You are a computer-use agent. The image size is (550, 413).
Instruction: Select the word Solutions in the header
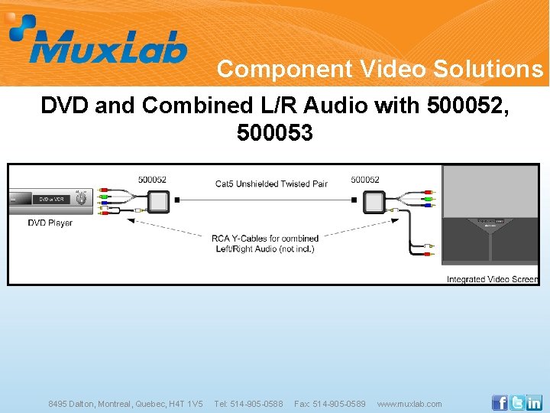pyautogui.click(x=488, y=70)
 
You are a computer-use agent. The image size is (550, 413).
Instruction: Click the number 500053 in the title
pyautogui.click(x=275, y=133)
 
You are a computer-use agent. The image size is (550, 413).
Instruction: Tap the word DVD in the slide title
pyautogui.click(x=64, y=106)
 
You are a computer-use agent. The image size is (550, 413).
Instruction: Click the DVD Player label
pyautogui.click(x=50, y=223)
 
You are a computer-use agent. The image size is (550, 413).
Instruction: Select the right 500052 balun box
pyautogui.click(x=374, y=202)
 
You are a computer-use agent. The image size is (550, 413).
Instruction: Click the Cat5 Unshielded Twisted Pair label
pyautogui.click(x=271, y=184)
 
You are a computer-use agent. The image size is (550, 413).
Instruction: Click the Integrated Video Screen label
pyautogui.click(x=492, y=279)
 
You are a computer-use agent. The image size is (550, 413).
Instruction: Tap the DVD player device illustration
pyautogui.click(x=50, y=200)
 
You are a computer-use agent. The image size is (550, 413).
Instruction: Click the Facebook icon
pyautogui.click(x=500, y=402)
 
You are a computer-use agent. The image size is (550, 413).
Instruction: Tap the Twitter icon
pyautogui.click(x=517, y=402)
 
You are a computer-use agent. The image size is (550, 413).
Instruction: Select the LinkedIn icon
pyautogui.click(x=534, y=402)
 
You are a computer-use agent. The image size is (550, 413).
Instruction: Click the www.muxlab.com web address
pyautogui.click(x=409, y=404)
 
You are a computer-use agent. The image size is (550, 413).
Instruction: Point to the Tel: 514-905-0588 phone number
pyautogui.click(x=248, y=404)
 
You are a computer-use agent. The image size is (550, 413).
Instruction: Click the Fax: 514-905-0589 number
pyautogui.click(x=330, y=404)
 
